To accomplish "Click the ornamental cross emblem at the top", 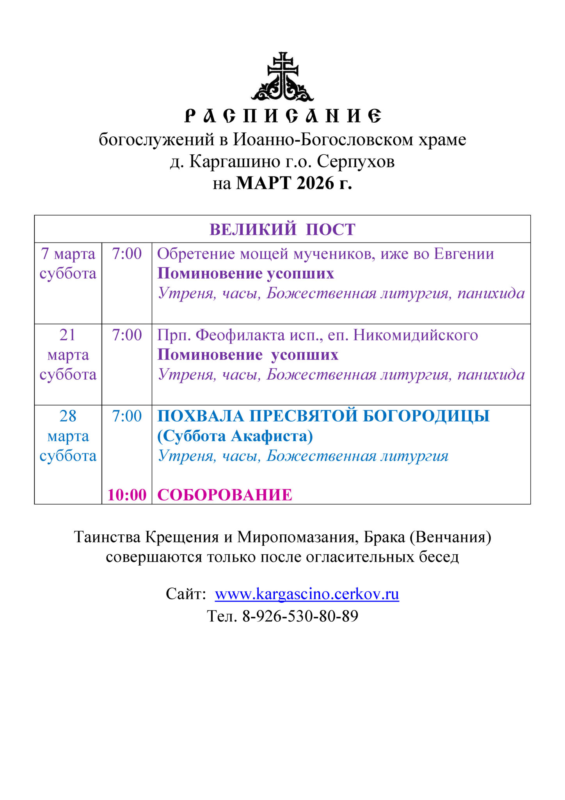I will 282,77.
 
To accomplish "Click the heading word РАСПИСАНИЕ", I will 282,116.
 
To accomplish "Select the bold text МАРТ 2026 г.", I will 294,183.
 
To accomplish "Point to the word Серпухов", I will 355,161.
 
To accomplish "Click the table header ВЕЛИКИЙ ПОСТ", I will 282,229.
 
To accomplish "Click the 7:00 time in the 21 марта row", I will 127,335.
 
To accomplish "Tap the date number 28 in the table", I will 68,416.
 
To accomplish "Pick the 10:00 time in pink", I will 127,495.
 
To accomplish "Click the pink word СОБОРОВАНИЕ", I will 224,495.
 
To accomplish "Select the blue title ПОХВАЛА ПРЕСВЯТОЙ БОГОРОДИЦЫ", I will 323,416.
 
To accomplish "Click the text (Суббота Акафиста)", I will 235,436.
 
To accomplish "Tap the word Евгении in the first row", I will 464,254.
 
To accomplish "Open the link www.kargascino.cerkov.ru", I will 307,594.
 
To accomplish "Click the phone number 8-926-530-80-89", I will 300,616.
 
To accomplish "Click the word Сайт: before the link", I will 186,594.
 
